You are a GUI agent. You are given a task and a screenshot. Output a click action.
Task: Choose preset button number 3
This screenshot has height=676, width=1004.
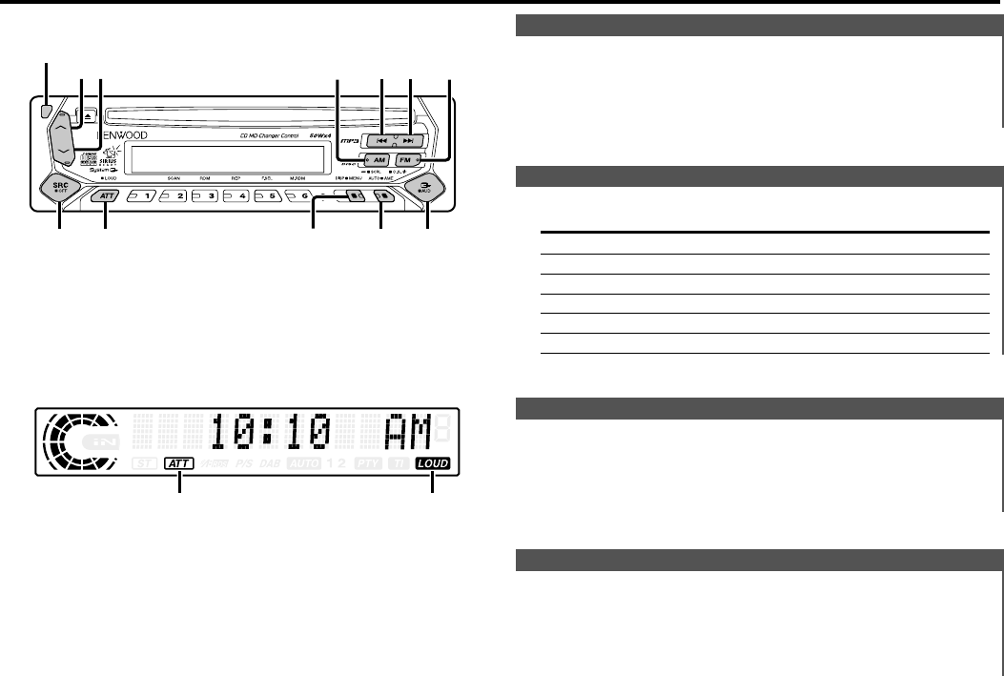point(205,195)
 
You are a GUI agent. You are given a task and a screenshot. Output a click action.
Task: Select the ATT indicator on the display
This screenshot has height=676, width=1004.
point(177,463)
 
